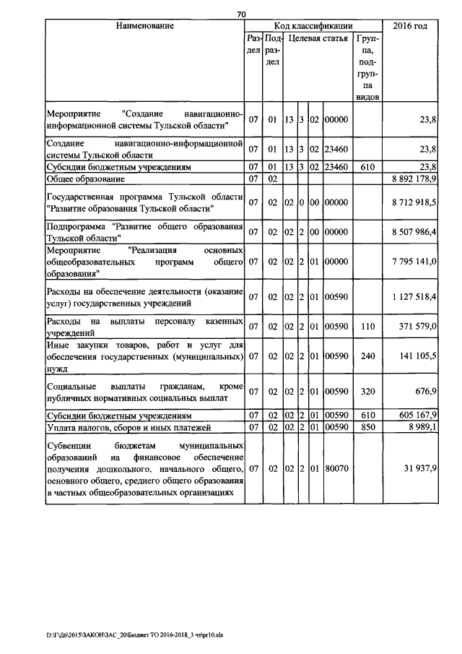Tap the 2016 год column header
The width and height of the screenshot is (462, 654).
click(x=410, y=26)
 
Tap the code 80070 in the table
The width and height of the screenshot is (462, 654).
click(x=336, y=468)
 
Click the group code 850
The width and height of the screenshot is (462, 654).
click(x=367, y=426)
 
